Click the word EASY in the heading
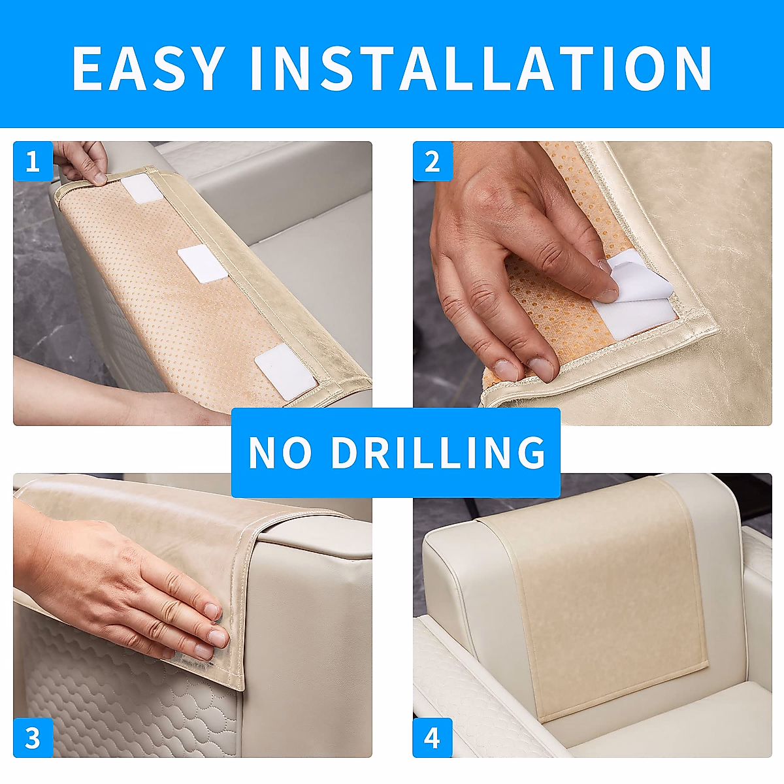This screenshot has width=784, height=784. pos(148,68)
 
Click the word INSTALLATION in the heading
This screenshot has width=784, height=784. pos(481,68)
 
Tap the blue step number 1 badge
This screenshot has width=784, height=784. pos(33,161)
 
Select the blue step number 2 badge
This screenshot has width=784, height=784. pos(433,161)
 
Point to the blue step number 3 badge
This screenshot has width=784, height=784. pos(33,738)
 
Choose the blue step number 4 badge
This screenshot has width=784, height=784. pos(433,738)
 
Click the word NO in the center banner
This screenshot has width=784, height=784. pos(280,452)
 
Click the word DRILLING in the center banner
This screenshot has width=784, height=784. pos(438,452)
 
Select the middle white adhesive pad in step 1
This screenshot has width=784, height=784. pos(203,263)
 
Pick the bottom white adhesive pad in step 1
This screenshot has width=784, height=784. pos(286,371)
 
